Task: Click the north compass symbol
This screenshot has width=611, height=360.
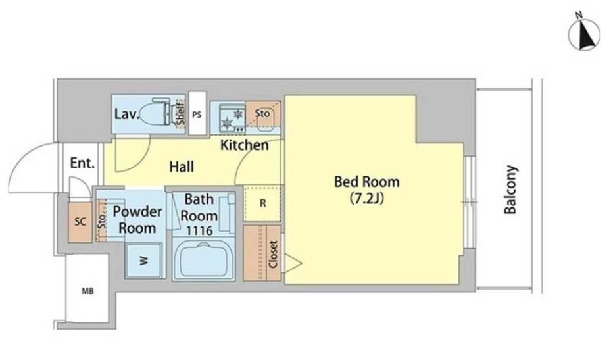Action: pos(584,35)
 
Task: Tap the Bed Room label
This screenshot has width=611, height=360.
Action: pos(367,182)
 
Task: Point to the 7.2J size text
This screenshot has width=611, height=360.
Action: pos(367,199)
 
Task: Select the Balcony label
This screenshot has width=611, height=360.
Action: pos(510,190)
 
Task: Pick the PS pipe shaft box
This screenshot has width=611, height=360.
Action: pos(197,113)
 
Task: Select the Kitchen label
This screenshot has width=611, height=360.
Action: pos(244,145)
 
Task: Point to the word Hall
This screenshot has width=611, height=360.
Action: pos(182,167)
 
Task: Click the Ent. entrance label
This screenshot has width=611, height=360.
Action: pos(83,163)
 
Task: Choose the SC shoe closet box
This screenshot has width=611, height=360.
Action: pos(80,222)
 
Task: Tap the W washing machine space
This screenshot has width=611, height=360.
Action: pos(144,261)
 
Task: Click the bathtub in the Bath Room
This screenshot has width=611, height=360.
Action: pos(203,259)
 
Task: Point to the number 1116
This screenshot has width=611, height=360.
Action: pos(199,231)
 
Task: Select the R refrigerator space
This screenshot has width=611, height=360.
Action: pos(262,203)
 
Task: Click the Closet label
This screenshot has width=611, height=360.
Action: pos(273,254)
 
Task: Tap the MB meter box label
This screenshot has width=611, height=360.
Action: pos(87,291)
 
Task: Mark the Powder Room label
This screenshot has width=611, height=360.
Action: pos(137,220)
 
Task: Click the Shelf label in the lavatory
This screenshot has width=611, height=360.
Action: pos(180,113)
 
